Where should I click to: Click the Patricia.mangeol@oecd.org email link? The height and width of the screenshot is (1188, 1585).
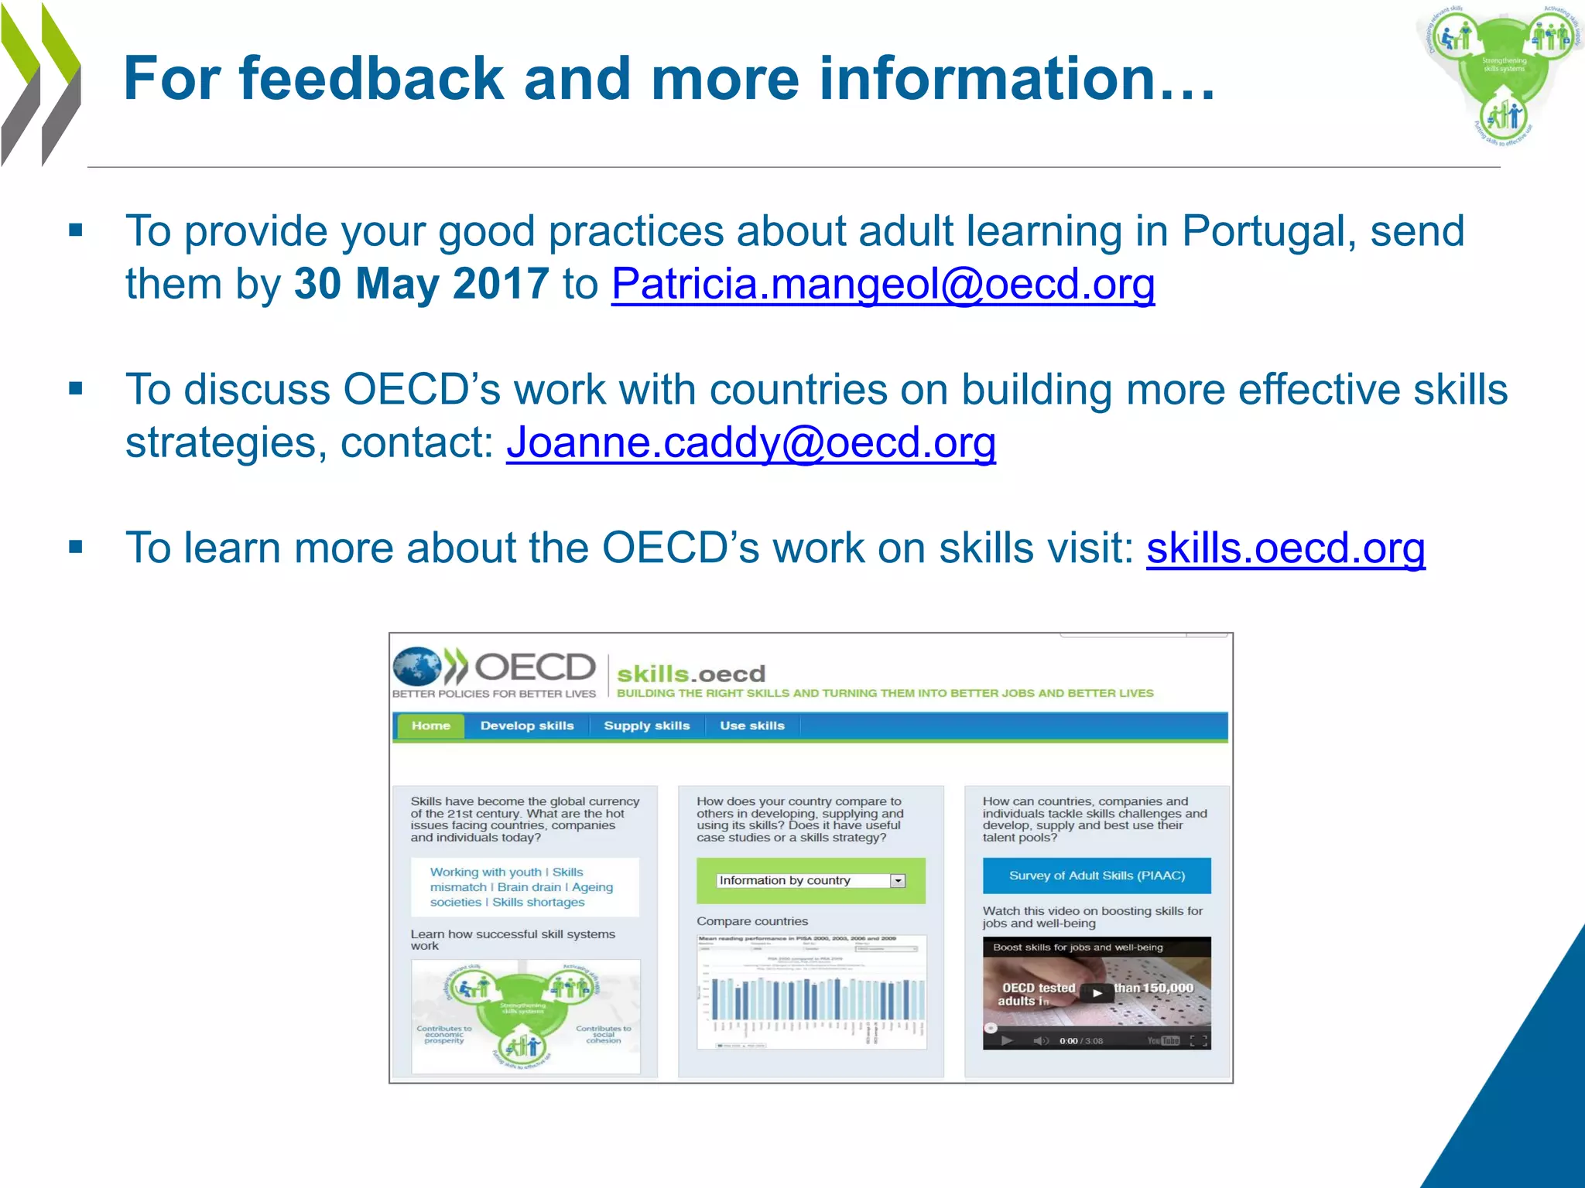tap(882, 285)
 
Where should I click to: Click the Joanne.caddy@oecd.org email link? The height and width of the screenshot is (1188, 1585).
tap(751, 443)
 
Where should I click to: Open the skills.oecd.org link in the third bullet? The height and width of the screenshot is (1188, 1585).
tap(1285, 548)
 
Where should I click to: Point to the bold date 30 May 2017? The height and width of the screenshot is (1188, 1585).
tap(421, 284)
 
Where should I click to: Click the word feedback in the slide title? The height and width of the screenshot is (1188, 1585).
tap(371, 79)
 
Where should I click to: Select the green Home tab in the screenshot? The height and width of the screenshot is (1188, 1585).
tap(430, 725)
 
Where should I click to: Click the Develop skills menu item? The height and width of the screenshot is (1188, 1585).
tap(526, 725)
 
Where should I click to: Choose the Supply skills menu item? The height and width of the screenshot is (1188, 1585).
tap(646, 725)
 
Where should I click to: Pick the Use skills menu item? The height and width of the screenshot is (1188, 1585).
tap(751, 725)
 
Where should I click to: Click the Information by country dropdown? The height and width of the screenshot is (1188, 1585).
tap(810, 880)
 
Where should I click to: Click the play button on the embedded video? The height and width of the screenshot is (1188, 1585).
tap(1097, 993)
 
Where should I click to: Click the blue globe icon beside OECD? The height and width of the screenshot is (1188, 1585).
tap(416, 667)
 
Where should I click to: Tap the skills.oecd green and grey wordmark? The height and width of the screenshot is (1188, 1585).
tap(690, 674)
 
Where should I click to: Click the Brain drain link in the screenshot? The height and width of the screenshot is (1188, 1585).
tap(529, 887)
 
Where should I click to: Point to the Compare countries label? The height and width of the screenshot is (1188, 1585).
tap(751, 921)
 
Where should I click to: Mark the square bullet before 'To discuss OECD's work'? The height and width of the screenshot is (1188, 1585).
tap(76, 389)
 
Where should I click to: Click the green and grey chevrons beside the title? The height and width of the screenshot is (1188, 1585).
tap(40, 84)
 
